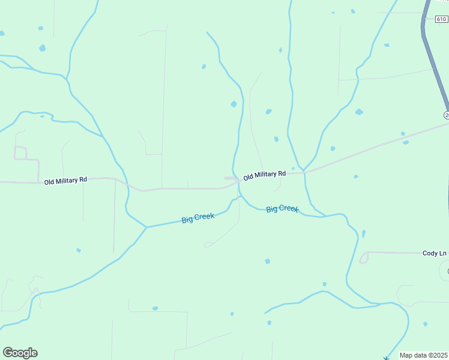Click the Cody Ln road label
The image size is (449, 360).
point(435,253)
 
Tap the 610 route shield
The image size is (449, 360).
point(441,19)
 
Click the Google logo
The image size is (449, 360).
point(20,353)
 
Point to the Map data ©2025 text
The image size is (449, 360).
point(424,355)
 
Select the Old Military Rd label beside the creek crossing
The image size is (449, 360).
point(264,175)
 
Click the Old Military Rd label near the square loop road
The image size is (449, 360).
point(65,180)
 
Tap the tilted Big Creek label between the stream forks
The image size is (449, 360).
point(197,218)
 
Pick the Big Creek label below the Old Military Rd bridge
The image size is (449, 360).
point(282,209)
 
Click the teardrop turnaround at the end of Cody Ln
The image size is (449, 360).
point(364,258)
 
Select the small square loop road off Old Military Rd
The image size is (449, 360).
point(20,153)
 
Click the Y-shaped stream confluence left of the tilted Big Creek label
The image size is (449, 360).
point(146,227)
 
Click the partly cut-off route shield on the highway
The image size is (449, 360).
point(447,115)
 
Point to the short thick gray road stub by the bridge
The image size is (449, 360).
point(230,178)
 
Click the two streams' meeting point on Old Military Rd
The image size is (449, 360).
point(304,172)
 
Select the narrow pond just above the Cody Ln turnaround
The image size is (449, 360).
point(364,233)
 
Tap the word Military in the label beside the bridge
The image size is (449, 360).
point(265,175)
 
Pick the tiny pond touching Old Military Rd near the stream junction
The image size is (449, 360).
point(293,169)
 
